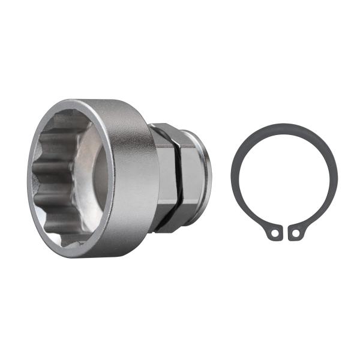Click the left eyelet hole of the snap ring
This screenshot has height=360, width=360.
pos(274,233)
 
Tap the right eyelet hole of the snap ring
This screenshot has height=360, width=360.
pos(295,233)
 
